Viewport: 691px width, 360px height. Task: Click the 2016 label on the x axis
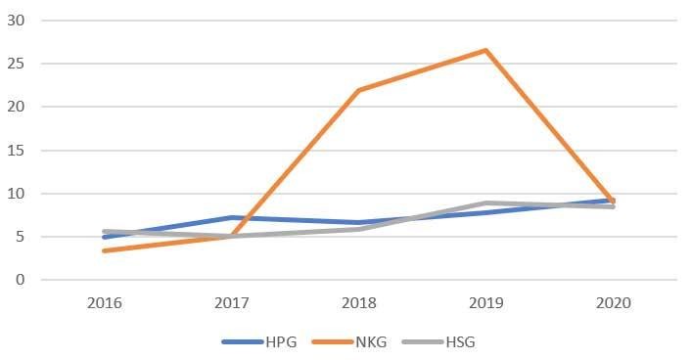pos(104,304)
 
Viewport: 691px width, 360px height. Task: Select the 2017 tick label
pos(231,304)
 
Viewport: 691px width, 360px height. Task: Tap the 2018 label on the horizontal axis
pos(358,304)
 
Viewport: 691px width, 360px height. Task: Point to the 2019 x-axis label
pos(485,304)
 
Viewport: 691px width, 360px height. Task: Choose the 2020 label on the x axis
pos(613,304)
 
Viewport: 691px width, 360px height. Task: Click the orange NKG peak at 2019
pos(485,50)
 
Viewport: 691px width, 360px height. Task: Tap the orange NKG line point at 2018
pos(358,90)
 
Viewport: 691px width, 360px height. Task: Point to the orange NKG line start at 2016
pos(104,250)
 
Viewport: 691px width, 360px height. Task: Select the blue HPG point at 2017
pos(231,217)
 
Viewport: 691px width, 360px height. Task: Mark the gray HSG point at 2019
pos(485,203)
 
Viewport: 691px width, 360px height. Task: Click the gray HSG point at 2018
pos(358,229)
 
